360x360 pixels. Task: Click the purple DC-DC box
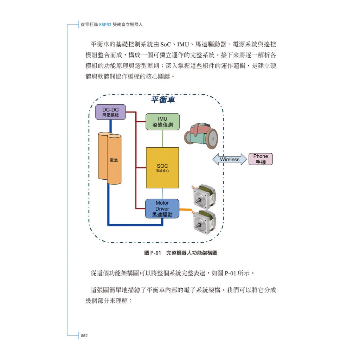click(110, 112)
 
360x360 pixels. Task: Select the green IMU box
click(162, 122)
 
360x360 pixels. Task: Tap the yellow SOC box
click(162, 168)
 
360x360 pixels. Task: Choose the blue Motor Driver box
click(162, 209)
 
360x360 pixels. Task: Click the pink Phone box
click(261, 159)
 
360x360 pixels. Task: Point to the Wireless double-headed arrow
click(230, 159)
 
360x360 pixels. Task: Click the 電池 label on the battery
click(114, 160)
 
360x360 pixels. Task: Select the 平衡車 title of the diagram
click(163, 99)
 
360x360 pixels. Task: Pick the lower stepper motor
click(204, 222)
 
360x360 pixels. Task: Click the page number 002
click(84, 336)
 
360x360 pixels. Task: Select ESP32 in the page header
click(105, 25)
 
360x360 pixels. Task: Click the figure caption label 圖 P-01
click(153, 253)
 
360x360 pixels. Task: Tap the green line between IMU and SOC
click(163, 139)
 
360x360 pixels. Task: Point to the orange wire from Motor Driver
click(186, 210)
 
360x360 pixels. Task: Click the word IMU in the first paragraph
click(183, 45)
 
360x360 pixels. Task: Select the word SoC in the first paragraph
click(166, 45)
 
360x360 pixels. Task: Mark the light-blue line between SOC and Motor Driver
click(162, 194)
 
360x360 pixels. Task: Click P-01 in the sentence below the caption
click(230, 273)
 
